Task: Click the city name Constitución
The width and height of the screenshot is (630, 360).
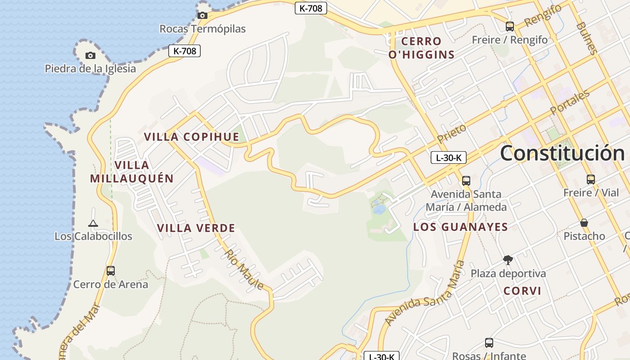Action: point(562,153)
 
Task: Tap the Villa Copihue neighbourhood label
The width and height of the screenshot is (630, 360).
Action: point(191,137)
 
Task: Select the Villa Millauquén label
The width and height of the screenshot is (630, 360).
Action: point(132,171)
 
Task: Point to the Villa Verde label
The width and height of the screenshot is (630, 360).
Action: point(196,228)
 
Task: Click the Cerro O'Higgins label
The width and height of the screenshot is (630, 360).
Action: point(421,48)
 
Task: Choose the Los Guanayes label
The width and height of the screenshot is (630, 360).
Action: point(460,227)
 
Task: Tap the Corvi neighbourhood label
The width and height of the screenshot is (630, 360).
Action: point(522,291)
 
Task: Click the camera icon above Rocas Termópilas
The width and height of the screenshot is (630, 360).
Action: point(202,15)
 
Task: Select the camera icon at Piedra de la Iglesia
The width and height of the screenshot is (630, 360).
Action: point(90,55)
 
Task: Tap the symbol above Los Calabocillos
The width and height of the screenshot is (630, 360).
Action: point(93,223)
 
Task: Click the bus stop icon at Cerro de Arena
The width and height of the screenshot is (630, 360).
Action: point(111,271)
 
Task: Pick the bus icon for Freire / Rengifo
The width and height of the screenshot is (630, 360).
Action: point(510,27)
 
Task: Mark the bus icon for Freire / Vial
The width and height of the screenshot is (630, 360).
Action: point(591,180)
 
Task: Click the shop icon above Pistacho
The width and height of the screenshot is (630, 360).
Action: point(584,223)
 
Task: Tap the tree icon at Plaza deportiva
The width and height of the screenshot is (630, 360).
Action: point(508,260)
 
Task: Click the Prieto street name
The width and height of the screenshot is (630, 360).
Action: point(452,134)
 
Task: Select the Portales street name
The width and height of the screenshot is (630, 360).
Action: point(570,103)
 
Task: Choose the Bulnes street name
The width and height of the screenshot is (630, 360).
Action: point(587,38)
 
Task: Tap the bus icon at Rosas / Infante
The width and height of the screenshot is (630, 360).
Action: point(489,343)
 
